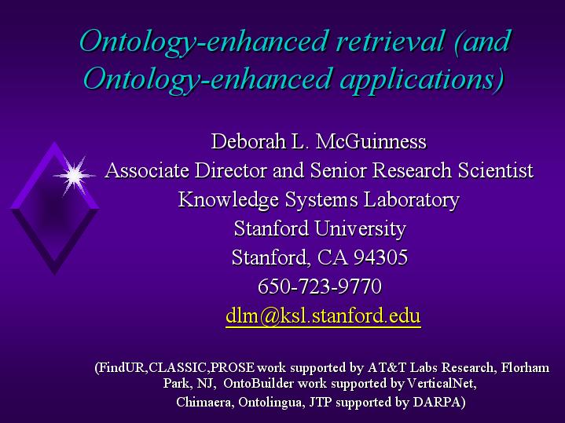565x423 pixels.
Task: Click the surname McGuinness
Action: coord(371,141)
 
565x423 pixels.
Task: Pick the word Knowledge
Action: coord(228,199)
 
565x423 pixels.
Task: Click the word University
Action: coord(360,229)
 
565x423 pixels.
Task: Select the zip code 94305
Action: coord(380,257)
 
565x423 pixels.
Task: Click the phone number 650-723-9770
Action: coord(320,287)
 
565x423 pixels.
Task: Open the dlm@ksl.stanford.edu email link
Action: coord(323,315)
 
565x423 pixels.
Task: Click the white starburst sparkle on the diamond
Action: coord(74,176)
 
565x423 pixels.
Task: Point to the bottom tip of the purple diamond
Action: coord(55,275)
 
